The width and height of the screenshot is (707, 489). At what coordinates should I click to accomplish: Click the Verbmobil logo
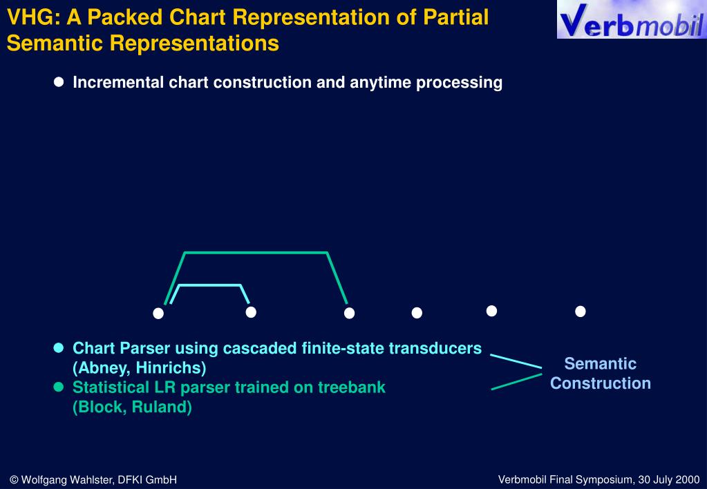(x=631, y=20)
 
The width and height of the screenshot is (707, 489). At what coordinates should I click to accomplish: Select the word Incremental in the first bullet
(x=117, y=83)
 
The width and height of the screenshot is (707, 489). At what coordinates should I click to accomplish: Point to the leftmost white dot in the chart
(x=158, y=314)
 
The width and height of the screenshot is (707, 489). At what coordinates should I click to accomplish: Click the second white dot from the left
(x=251, y=312)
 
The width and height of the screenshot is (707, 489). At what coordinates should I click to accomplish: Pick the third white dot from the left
(x=349, y=314)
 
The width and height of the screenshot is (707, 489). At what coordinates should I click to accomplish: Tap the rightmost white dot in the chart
(x=581, y=311)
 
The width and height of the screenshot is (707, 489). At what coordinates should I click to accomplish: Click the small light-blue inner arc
(x=210, y=285)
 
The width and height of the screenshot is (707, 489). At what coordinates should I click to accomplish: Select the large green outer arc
(x=256, y=253)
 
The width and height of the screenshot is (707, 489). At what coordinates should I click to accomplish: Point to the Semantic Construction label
(x=600, y=374)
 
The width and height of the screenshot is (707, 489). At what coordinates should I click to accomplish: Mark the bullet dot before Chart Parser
(x=59, y=348)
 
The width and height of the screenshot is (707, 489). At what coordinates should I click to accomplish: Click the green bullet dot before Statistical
(x=59, y=387)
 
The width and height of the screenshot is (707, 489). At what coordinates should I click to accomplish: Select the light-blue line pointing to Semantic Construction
(x=516, y=361)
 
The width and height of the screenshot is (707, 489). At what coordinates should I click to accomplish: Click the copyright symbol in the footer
(x=14, y=479)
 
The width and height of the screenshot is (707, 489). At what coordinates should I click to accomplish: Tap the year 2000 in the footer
(x=688, y=479)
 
